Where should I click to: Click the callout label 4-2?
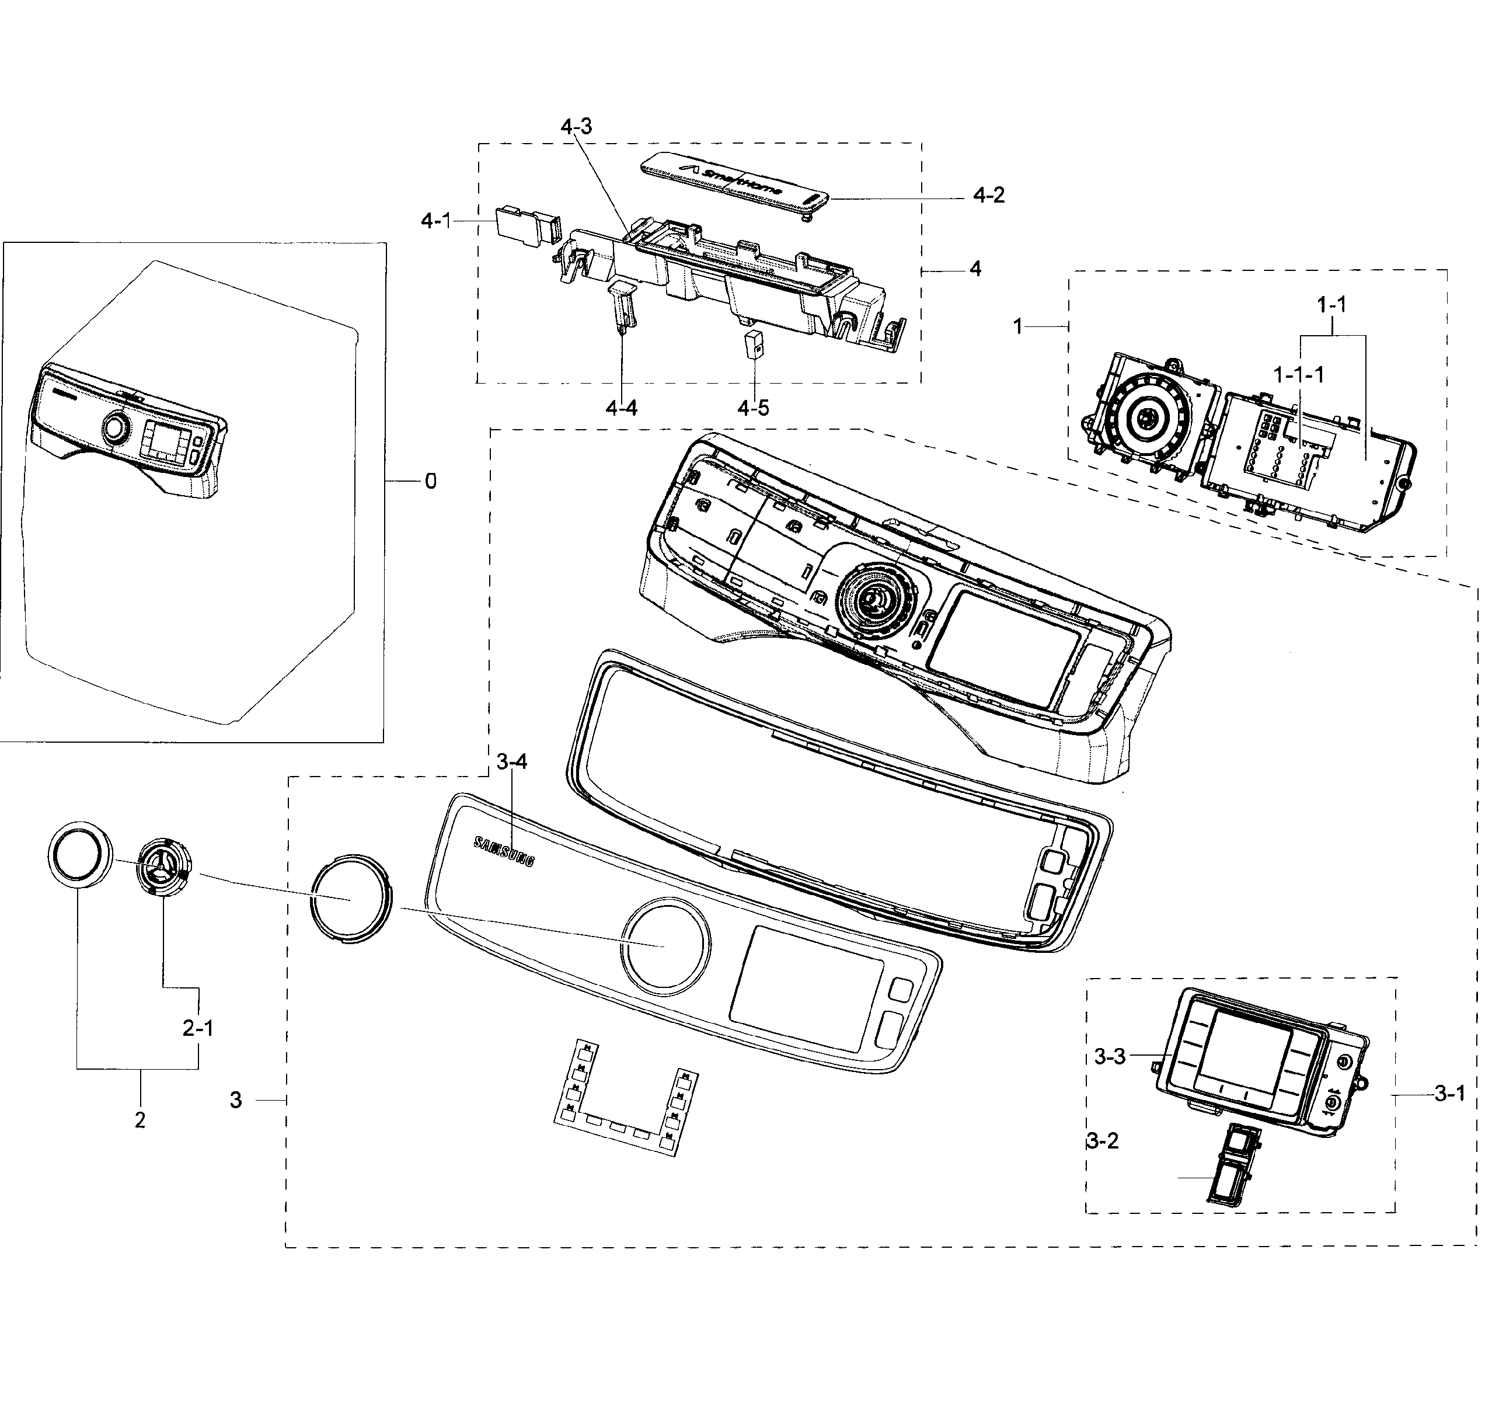pos(988,195)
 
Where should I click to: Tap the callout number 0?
pos(430,481)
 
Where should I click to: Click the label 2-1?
pos(197,1028)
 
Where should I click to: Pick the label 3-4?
pos(512,762)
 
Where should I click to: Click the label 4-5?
pos(752,408)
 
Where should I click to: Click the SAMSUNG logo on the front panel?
pos(503,851)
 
